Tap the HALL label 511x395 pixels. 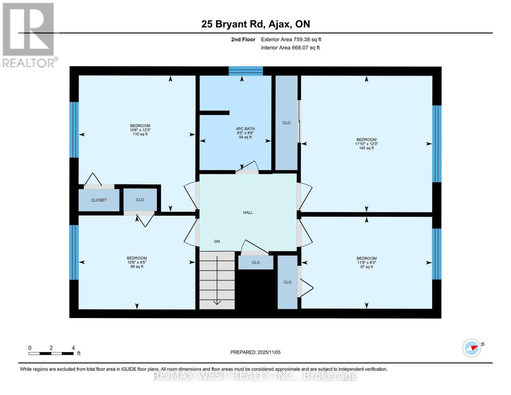point(248,213)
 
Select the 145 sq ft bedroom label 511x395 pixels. point(366,144)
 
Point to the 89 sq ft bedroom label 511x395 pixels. point(137,262)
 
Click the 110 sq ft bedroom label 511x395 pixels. point(140,130)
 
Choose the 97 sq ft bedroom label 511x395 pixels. point(367,262)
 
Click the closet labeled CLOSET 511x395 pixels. point(99,200)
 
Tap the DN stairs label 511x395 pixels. point(217,242)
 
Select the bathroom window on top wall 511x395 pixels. point(246,71)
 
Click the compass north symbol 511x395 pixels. point(472,348)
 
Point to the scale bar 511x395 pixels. point(51,354)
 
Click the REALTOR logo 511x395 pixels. point(29,35)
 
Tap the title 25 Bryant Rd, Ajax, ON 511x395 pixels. point(255,24)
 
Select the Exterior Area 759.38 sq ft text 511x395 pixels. point(291,39)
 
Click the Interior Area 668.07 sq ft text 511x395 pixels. point(290,48)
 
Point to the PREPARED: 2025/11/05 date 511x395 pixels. point(255,352)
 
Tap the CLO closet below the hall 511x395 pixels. point(256,262)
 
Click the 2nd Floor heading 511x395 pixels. point(243,39)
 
